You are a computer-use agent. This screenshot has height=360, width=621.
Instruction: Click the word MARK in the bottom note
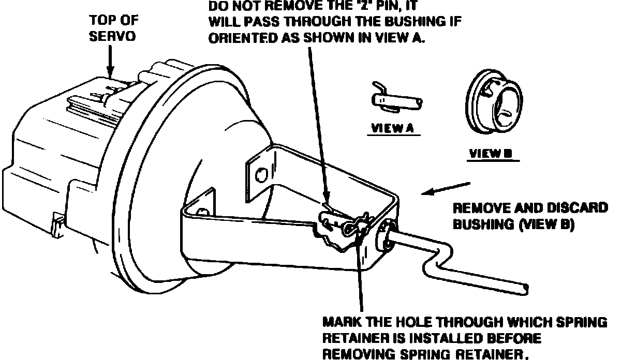[x=345, y=323]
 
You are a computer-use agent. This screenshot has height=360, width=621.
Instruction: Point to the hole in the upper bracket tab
[x=261, y=172]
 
